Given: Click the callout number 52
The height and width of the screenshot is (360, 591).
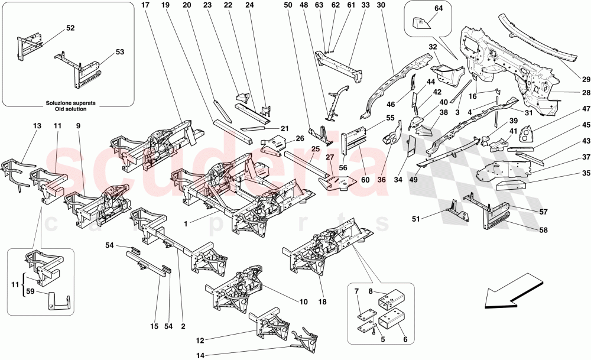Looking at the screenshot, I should [x=70, y=28].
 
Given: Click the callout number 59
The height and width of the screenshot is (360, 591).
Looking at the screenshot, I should [x=30, y=291].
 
